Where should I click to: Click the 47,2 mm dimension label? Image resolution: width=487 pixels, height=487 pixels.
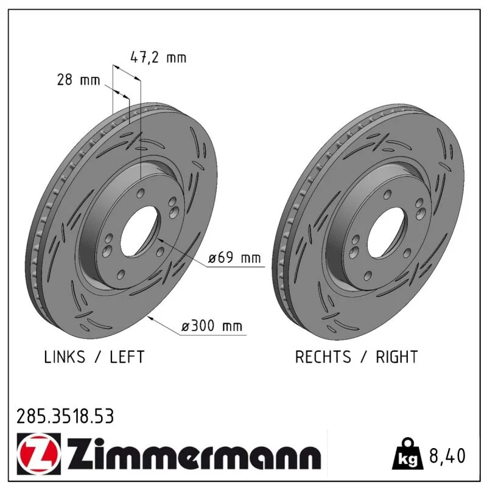(x=158, y=58)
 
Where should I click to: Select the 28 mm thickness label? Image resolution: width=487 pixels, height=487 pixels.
(x=79, y=80)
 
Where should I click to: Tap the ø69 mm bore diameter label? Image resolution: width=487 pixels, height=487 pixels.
(x=234, y=258)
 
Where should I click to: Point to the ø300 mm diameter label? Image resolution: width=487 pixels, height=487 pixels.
(x=211, y=326)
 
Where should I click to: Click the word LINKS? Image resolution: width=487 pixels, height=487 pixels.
(x=65, y=357)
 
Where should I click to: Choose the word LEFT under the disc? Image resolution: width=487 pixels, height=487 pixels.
(x=127, y=357)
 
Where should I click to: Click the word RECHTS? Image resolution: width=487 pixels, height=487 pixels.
(x=323, y=357)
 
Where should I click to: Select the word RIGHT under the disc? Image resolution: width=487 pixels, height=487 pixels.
(x=397, y=357)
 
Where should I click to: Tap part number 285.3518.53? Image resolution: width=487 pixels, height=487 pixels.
(x=65, y=416)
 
